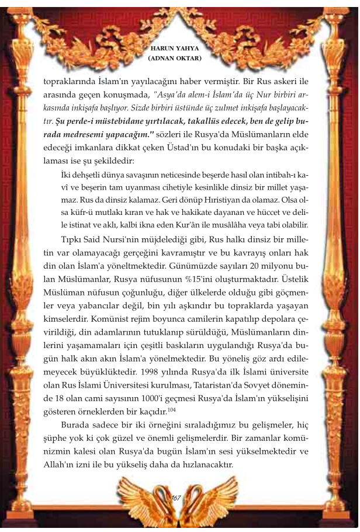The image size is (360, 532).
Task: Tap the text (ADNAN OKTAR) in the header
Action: point(175,59)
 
